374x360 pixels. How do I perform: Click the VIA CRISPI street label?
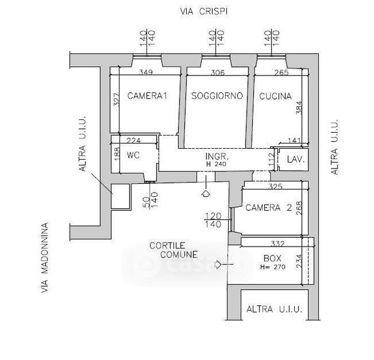click(x=204, y=11)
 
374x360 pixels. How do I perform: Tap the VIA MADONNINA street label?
click(x=44, y=257)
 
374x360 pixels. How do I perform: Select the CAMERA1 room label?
click(x=147, y=96)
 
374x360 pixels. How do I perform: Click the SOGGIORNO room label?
click(x=217, y=96)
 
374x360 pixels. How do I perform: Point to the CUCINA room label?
click(x=276, y=97)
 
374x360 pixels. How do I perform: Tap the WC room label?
click(x=133, y=155)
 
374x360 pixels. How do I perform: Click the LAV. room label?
click(x=296, y=160)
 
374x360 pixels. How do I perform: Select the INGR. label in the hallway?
click(x=217, y=157)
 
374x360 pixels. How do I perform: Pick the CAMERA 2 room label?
click(x=268, y=208)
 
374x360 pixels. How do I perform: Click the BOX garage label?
click(x=273, y=258)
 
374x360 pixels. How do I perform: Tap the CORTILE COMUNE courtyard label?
click(x=173, y=250)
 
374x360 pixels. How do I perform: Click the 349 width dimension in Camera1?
click(x=146, y=72)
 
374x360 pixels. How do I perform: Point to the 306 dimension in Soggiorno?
click(x=217, y=72)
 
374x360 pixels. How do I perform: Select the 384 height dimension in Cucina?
click(x=299, y=108)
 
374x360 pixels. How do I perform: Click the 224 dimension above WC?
click(x=133, y=140)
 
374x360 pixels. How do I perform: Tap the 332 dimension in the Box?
click(x=278, y=244)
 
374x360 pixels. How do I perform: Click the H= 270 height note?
click(x=273, y=267)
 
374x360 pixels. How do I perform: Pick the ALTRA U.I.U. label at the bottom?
click(x=274, y=309)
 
